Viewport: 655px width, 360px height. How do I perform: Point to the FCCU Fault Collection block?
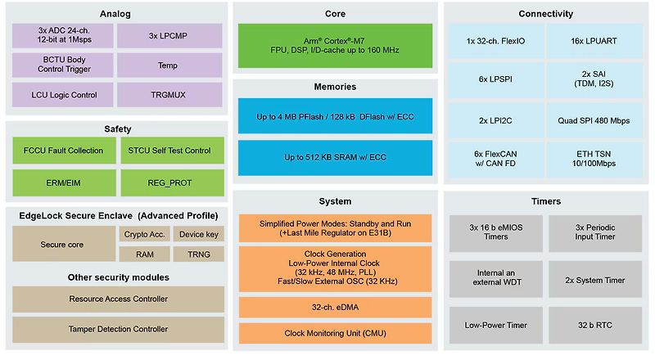[x=64, y=151]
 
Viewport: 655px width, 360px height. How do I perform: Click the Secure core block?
[x=64, y=244]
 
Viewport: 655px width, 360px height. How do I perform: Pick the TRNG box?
[x=198, y=254]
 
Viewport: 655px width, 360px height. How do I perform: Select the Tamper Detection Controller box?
[x=119, y=328]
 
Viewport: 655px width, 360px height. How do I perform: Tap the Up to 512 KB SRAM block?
[x=336, y=156]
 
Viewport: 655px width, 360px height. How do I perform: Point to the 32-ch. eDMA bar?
[x=336, y=308]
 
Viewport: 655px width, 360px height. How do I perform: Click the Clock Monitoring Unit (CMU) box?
[x=336, y=334]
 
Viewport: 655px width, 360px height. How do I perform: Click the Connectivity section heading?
[x=545, y=14]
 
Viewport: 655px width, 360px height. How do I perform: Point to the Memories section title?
[x=336, y=87]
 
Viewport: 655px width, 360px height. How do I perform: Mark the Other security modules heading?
[x=119, y=277]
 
